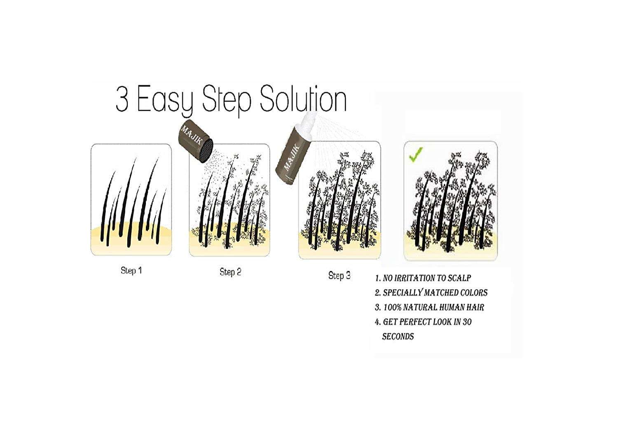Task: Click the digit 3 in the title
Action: [122, 99]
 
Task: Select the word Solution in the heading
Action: [303, 98]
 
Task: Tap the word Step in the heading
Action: [227, 101]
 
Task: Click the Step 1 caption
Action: [131, 270]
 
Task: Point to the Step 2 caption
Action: [230, 272]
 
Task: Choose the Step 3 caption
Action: [339, 275]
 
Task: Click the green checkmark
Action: [416, 155]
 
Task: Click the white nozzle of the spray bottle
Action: [305, 121]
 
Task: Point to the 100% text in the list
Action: [393, 307]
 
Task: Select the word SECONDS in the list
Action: [398, 337]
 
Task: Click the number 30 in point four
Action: [467, 322]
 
